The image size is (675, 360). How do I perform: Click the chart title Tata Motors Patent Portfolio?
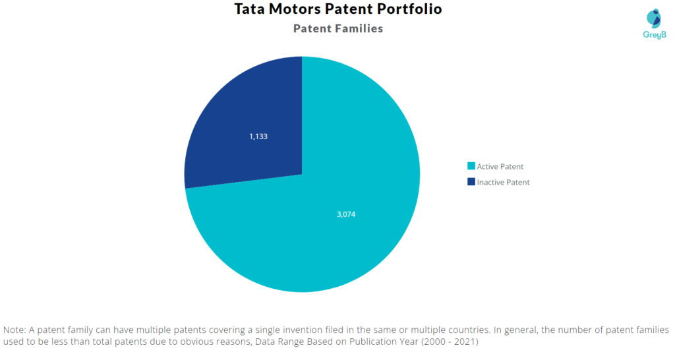point(337,9)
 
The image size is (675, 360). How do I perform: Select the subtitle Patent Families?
point(337,28)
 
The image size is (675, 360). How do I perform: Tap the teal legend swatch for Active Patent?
point(471,166)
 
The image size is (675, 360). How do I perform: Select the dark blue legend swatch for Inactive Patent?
point(471,182)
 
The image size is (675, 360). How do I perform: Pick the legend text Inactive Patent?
point(503,183)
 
